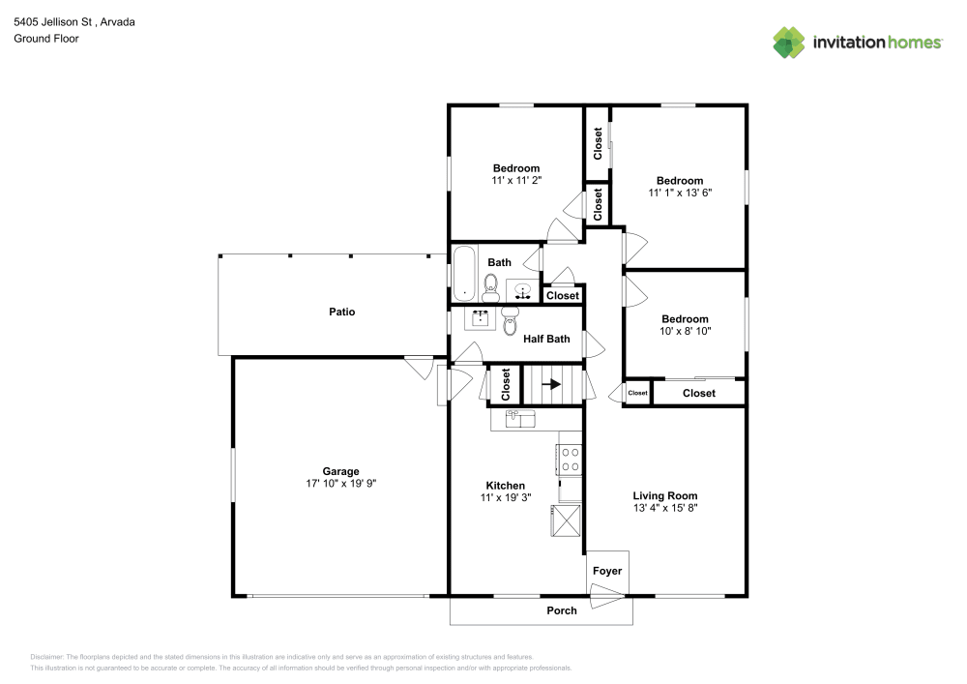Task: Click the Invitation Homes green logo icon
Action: pos(788,42)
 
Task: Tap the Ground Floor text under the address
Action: pos(45,39)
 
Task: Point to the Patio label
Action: pos(341,312)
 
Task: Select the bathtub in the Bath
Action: pos(464,273)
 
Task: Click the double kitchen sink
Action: pos(520,419)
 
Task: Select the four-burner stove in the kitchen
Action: pos(570,460)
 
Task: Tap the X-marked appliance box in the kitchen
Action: pos(568,521)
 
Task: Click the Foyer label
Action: pos(607,572)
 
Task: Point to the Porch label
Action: pos(562,610)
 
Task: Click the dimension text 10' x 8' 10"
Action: pos(685,331)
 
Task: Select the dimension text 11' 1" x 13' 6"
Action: pos(680,193)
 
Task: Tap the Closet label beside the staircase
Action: pos(506,384)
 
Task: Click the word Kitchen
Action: pos(505,486)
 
